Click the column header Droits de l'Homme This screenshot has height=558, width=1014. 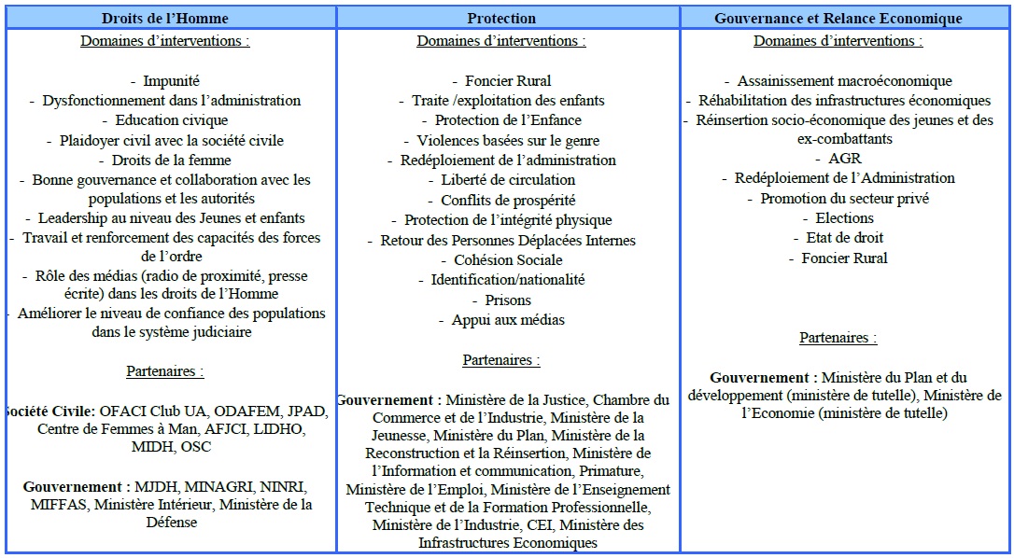tap(165, 18)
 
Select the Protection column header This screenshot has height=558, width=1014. tap(501, 18)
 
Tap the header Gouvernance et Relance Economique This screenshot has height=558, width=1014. tap(838, 18)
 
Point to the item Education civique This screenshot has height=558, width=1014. tap(171, 120)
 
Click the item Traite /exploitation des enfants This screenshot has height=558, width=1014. tap(508, 100)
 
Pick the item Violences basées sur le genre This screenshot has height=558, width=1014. tap(508, 140)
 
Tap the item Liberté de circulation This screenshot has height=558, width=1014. tap(508, 179)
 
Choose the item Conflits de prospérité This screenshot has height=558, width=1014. tap(508, 200)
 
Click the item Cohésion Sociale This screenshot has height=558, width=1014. tap(508, 259)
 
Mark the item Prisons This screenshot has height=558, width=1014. tap(508, 300)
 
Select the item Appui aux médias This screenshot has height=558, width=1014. tap(508, 320)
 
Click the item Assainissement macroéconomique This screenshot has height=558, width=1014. tap(844, 81)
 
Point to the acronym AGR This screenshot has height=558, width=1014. tap(844, 159)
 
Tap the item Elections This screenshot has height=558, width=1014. tap(844, 217)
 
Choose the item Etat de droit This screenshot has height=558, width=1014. tap(844, 237)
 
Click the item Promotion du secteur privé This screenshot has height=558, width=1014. tap(844, 198)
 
